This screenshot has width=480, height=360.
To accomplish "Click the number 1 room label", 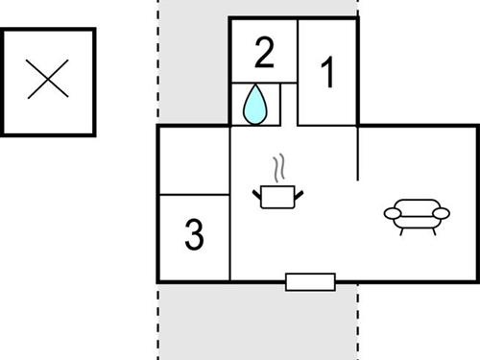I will [327, 73].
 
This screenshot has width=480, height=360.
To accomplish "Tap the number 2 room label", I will [264, 53].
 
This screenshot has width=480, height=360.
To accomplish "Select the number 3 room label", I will [194, 234].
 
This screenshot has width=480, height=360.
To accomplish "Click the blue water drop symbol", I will [254, 105].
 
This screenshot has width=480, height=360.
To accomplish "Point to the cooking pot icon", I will [278, 197].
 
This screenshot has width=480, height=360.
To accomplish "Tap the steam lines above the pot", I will [278, 170].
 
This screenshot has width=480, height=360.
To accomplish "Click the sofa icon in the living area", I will [416, 215].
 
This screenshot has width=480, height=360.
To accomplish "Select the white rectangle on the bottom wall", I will [310, 281].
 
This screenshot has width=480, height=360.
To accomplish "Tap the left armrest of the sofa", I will [391, 213].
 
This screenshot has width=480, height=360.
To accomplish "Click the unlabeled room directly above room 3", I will [194, 160].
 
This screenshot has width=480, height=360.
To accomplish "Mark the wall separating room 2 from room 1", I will [298, 72].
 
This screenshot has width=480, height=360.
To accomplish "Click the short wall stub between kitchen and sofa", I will [358, 154].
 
